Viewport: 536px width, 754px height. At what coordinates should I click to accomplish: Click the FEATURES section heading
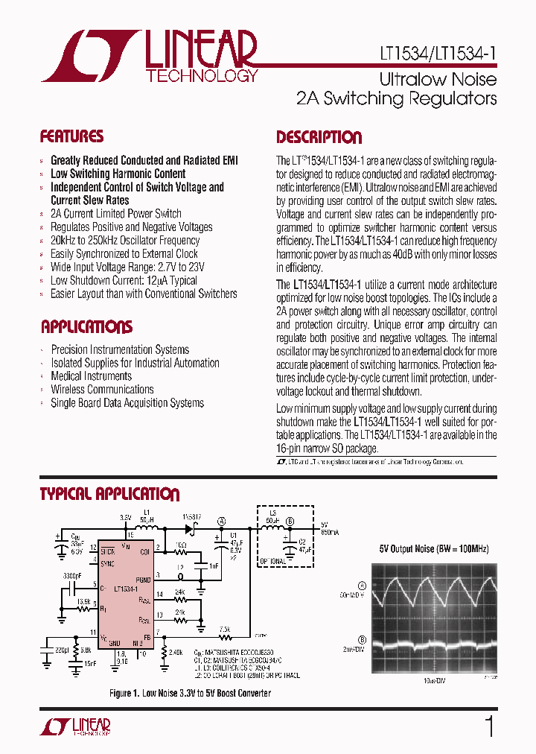click(x=71, y=136)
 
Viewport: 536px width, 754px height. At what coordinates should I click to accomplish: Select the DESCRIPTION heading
click(x=319, y=137)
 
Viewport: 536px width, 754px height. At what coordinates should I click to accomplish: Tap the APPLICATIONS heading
click(x=86, y=327)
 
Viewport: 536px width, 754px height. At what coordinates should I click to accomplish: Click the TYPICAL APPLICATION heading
click(x=109, y=494)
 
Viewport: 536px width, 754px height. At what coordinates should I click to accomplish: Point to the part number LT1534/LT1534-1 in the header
click(x=433, y=54)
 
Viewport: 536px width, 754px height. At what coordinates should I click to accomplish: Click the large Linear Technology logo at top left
click(x=149, y=56)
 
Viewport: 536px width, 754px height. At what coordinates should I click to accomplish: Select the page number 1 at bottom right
click(x=489, y=727)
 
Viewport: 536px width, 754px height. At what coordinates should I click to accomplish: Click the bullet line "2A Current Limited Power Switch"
click(x=115, y=214)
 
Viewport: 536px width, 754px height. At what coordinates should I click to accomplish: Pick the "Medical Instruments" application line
click(x=91, y=376)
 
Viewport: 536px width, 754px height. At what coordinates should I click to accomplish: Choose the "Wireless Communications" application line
click(x=102, y=390)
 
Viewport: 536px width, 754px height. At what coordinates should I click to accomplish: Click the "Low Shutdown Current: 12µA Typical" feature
click(x=124, y=281)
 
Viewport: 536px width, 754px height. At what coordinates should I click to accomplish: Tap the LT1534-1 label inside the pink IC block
click(x=127, y=588)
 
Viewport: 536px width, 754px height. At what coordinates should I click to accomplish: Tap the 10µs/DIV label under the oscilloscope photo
click(x=431, y=681)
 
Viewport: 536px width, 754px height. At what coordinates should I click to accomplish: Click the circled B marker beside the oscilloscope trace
click(x=363, y=639)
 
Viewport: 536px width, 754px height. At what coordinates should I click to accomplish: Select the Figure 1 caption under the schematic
click(x=190, y=694)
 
